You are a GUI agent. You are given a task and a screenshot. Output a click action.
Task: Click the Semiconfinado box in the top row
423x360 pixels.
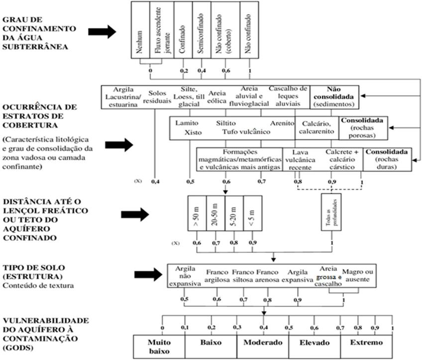[201, 29]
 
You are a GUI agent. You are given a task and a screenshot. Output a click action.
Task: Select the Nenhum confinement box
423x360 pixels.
[141, 29]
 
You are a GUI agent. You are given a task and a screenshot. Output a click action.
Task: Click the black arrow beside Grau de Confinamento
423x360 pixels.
[102, 32]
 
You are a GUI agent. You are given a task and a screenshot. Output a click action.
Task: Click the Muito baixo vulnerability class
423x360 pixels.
[159, 346]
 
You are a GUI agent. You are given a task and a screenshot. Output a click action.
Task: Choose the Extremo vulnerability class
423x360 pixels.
[366, 343]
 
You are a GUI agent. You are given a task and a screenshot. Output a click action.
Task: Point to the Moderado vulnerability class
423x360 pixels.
[263, 343]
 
